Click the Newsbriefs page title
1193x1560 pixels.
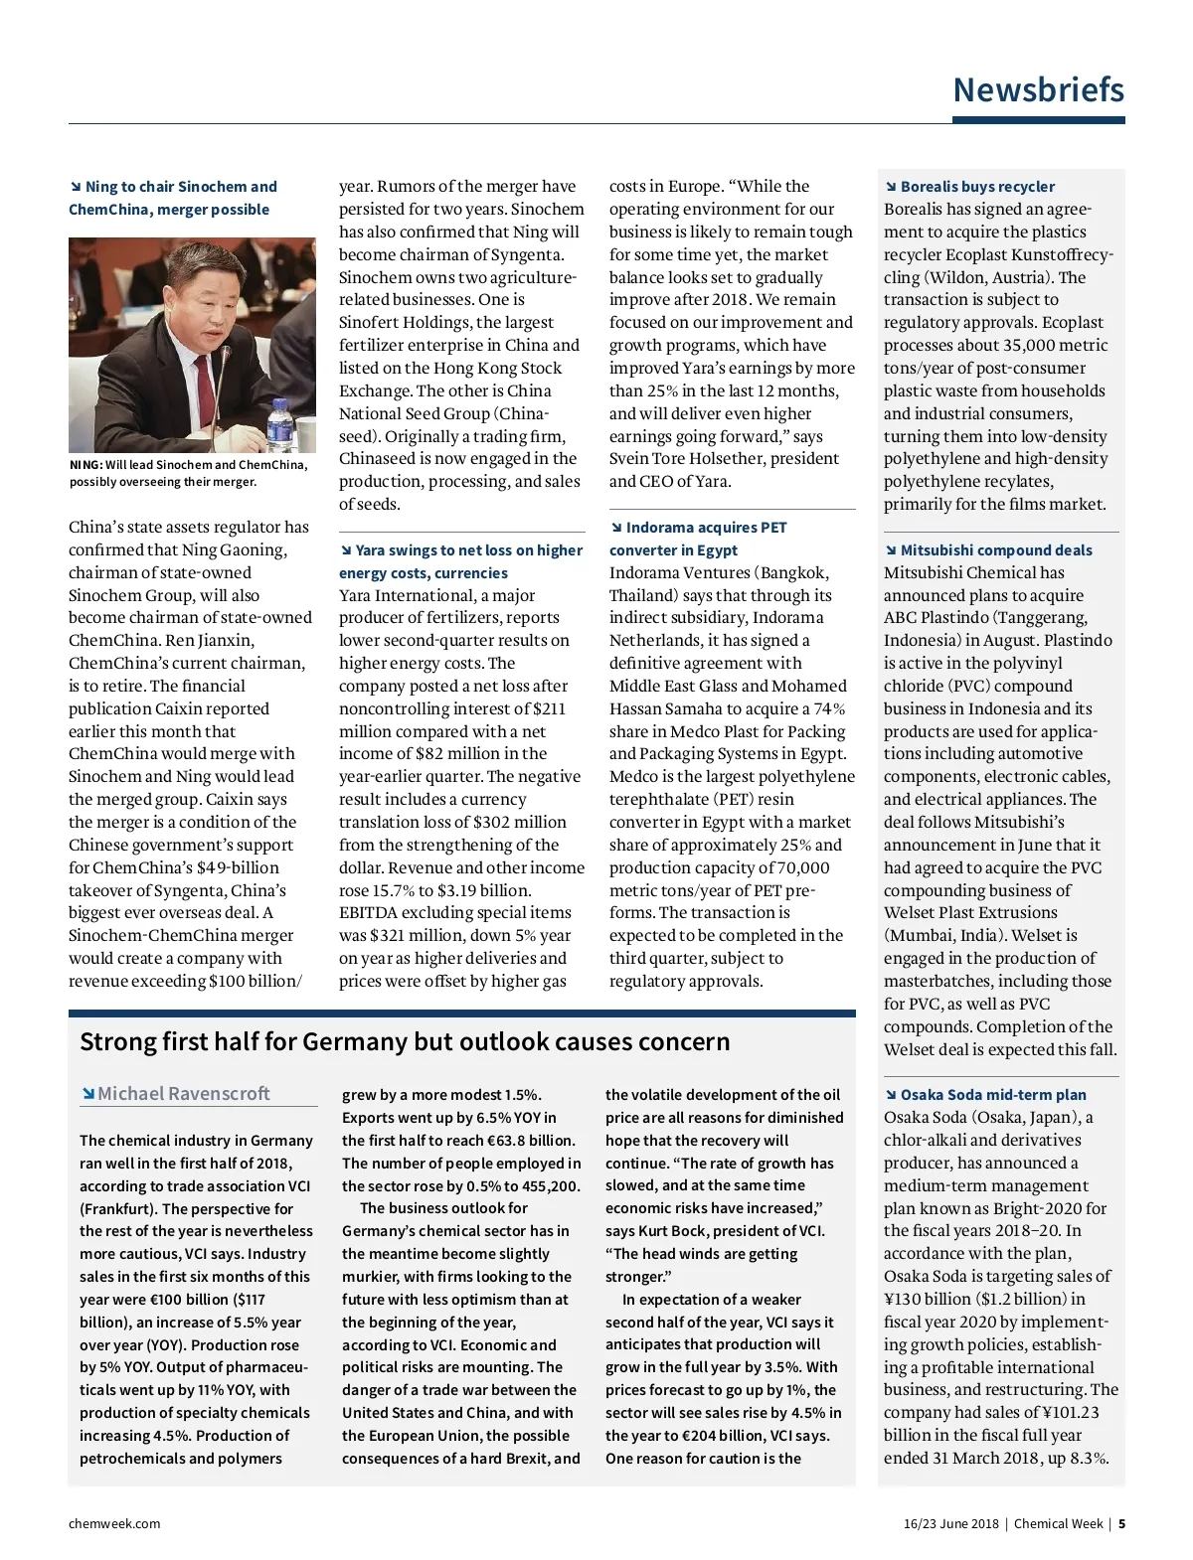pyautogui.click(x=1038, y=90)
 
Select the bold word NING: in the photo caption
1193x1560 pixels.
pyautogui.click(x=86, y=465)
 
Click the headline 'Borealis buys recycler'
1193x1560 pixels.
pyautogui.click(x=976, y=187)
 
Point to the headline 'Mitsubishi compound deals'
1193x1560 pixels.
pyautogui.click(x=995, y=550)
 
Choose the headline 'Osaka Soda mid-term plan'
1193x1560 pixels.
pyautogui.click(x=992, y=1095)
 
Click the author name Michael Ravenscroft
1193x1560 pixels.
pyautogui.click(x=184, y=1094)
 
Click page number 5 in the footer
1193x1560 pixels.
pyautogui.click(x=1121, y=1524)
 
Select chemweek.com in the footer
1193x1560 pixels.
pyautogui.click(x=114, y=1524)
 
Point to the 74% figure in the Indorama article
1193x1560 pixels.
pyautogui.click(x=828, y=708)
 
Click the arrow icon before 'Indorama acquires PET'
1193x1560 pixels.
pyautogui.click(x=616, y=528)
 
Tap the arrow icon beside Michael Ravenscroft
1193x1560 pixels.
pyautogui.click(x=87, y=1094)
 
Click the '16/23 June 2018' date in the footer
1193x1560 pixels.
pyautogui.click(x=950, y=1524)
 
